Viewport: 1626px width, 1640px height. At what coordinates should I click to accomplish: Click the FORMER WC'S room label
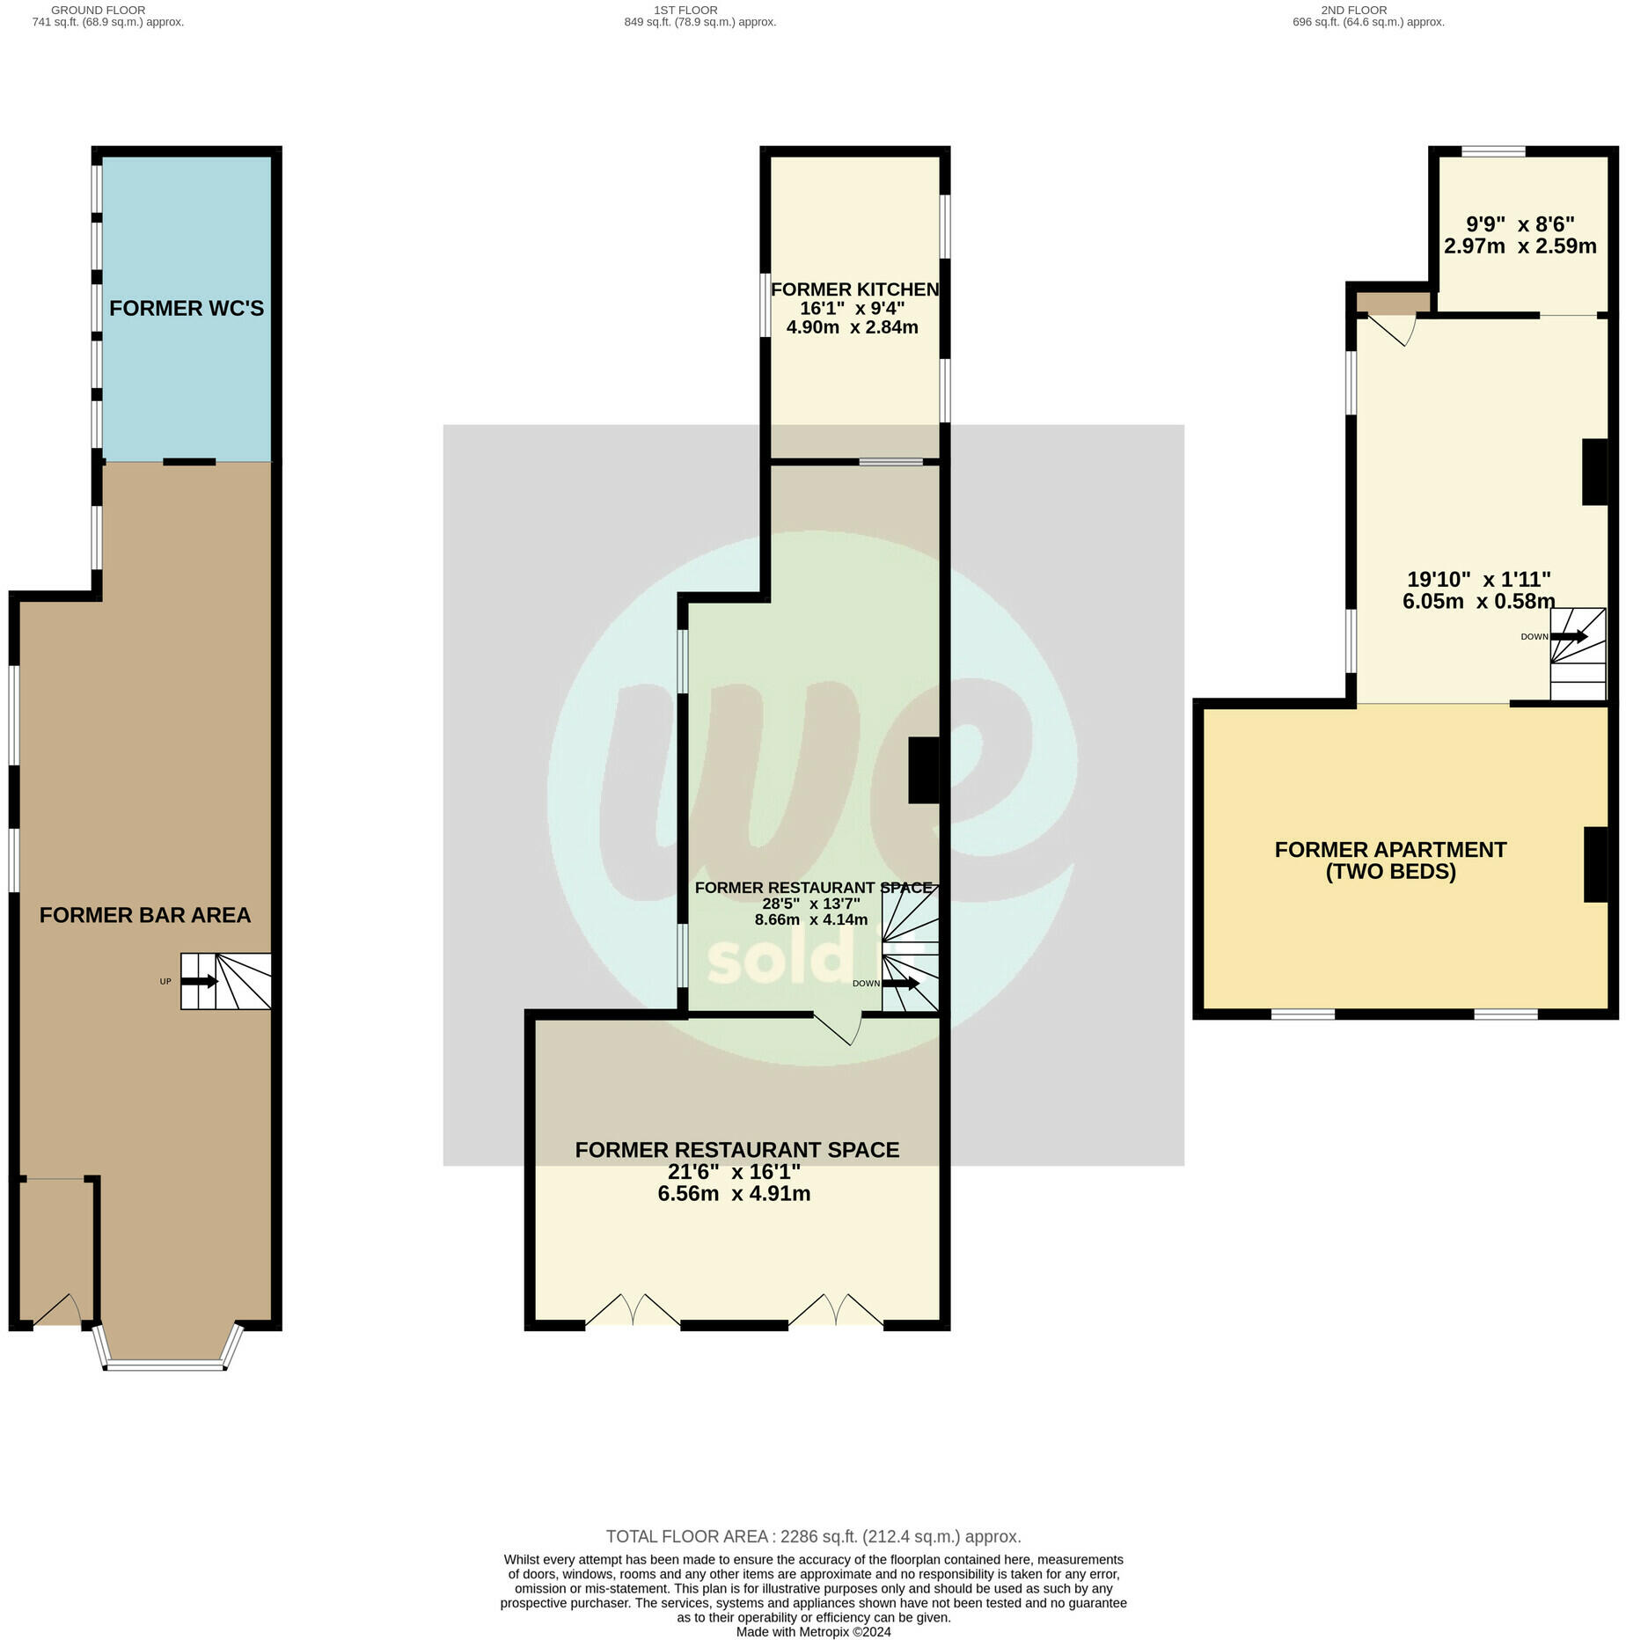point(187,308)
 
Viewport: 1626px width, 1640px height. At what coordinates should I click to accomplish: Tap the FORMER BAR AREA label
point(145,915)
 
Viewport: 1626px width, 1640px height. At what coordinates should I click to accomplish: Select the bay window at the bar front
point(165,1365)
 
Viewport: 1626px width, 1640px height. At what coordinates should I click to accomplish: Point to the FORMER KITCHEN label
point(854,289)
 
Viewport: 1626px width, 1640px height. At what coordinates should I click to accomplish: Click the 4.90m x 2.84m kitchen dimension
point(852,327)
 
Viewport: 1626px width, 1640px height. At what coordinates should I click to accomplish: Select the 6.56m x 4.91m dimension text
point(734,1194)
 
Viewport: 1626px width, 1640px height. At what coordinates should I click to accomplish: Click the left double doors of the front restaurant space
point(632,1309)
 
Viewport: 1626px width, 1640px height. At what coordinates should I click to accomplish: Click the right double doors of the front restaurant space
point(836,1309)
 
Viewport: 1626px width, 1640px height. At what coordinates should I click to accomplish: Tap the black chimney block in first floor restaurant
point(923,770)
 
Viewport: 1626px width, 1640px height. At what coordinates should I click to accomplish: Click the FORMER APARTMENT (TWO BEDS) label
point(1390,860)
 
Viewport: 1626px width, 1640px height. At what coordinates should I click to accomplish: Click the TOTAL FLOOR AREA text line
point(813,1536)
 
